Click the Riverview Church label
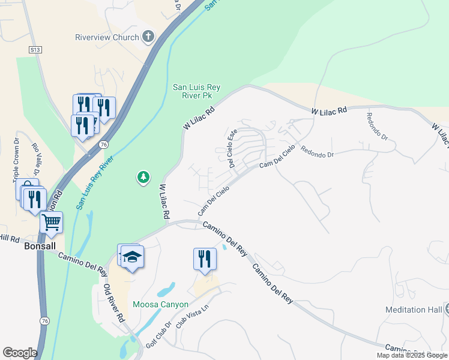[107, 37]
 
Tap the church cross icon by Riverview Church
[148, 37]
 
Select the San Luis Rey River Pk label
[196, 91]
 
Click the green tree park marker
[143, 177]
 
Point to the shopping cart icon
[52, 222]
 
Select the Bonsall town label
[39, 246]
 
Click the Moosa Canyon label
[160, 305]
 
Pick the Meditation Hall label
[414, 310]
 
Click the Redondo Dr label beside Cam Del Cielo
[317, 152]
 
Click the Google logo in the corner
[20, 353]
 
